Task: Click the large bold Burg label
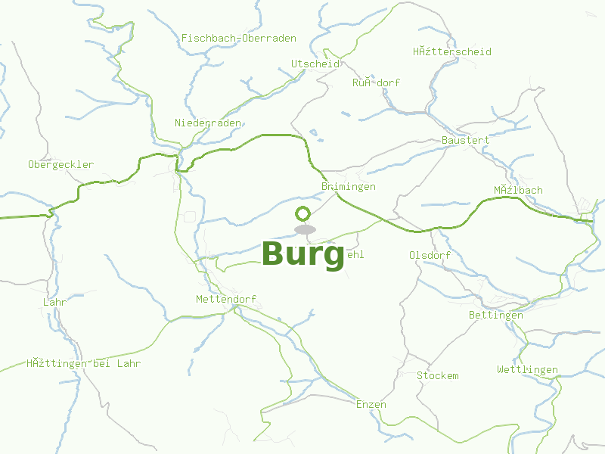tap(302, 255)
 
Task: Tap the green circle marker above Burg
tap(303, 213)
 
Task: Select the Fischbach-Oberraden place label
tap(238, 38)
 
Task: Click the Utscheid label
tap(315, 64)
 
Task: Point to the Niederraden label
tap(208, 123)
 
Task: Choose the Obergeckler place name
tap(60, 164)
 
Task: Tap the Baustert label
tap(465, 140)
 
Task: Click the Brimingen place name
tap(348, 186)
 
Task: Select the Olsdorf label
tap(430, 255)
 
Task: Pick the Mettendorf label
tap(226, 299)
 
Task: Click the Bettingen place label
tap(496, 315)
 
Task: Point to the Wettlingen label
tap(527, 369)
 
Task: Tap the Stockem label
tap(437, 375)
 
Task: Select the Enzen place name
tap(371, 404)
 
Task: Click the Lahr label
tap(55, 302)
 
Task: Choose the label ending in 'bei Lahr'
tap(83, 363)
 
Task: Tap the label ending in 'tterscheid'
tap(451, 51)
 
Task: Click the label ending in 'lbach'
tap(518, 190)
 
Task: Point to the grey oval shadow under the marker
tap(305, 229)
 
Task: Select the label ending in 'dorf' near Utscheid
tap(376, 82)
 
